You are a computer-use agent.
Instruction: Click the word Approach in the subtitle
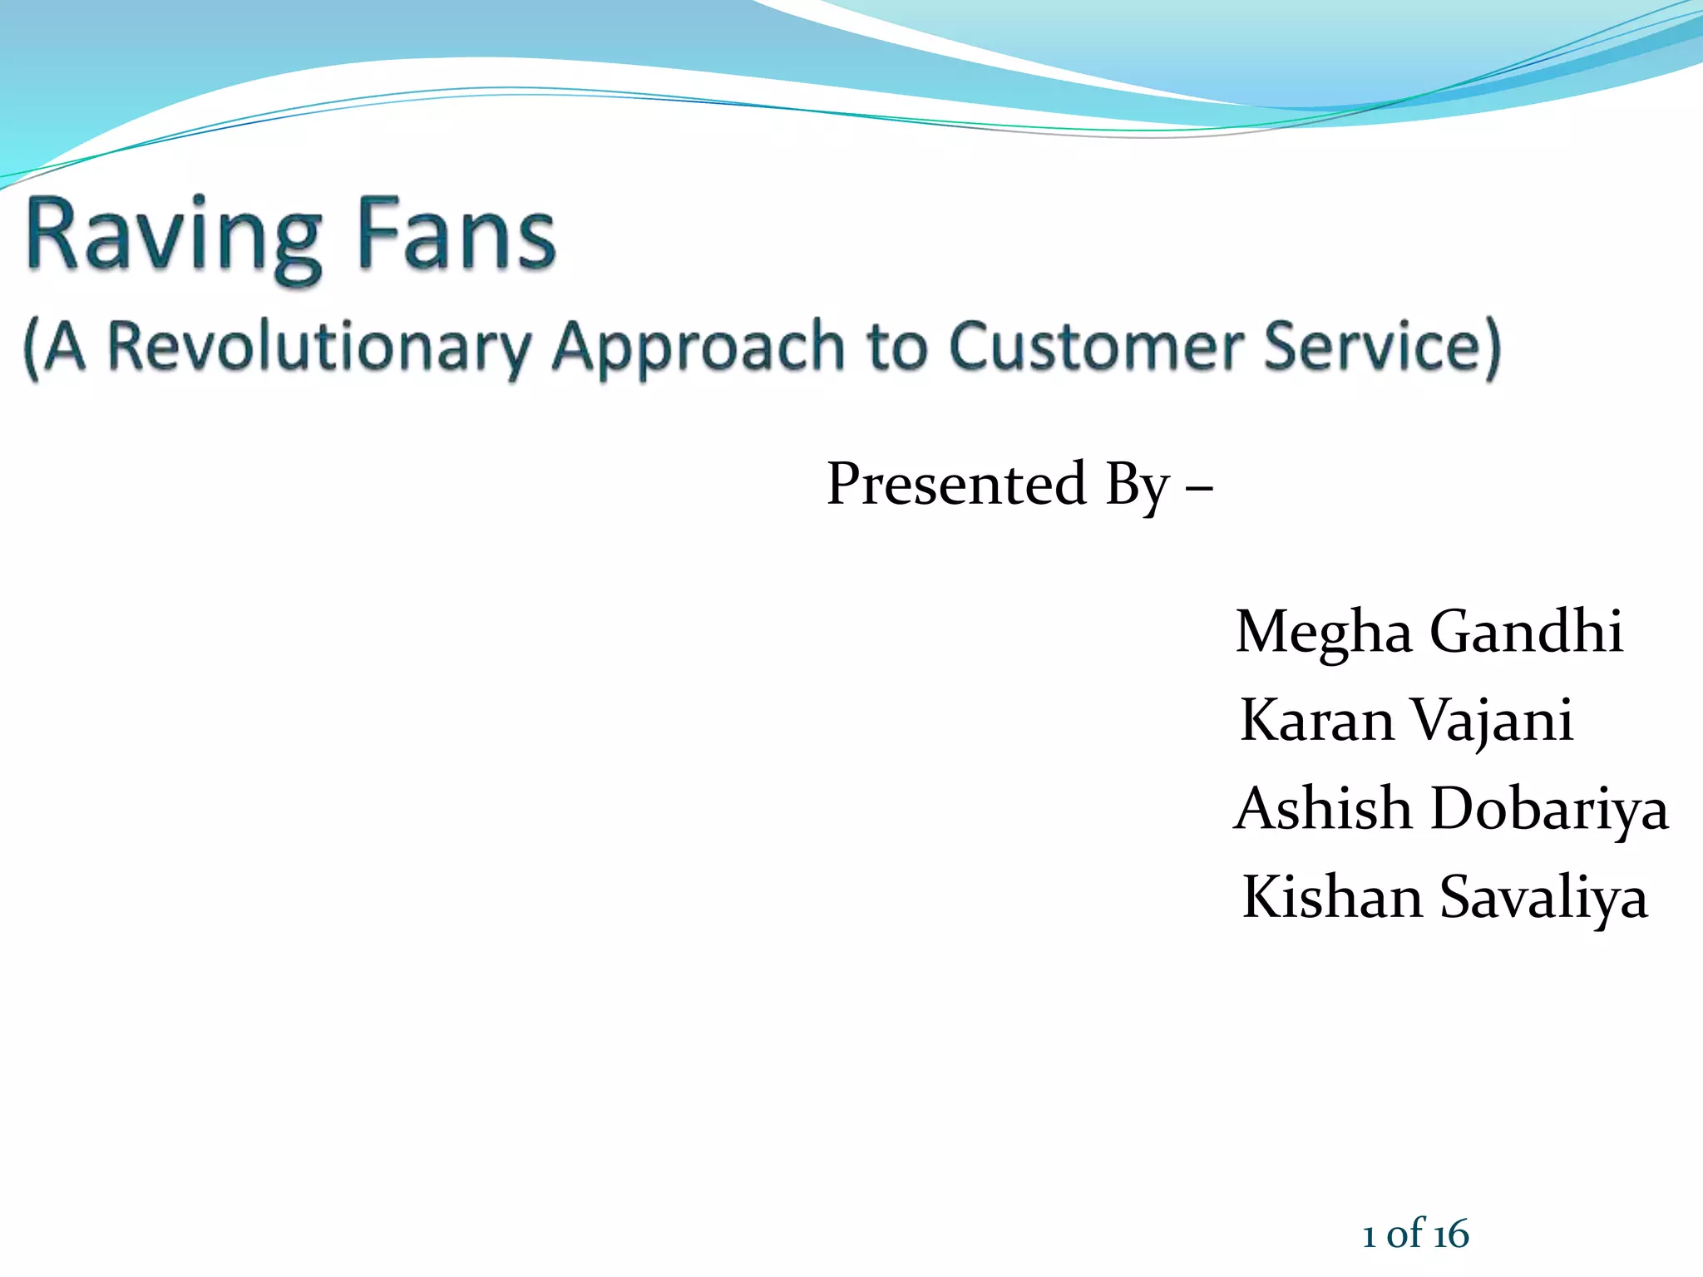(x=698, y=347)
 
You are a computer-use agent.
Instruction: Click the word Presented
(x=956, y=484)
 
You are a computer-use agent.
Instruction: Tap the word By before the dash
(x=1138, y=486)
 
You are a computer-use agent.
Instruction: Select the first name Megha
(x=1323, y=632)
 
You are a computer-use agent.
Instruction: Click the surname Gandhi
(x=1526, y=631)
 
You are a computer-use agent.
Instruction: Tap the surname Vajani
(x=1493, y=721)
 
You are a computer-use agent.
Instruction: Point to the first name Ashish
(x=1322, y=808)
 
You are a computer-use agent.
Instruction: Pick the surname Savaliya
(x=1543, y=898)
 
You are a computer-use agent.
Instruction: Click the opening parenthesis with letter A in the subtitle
(x=54, y=347)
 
